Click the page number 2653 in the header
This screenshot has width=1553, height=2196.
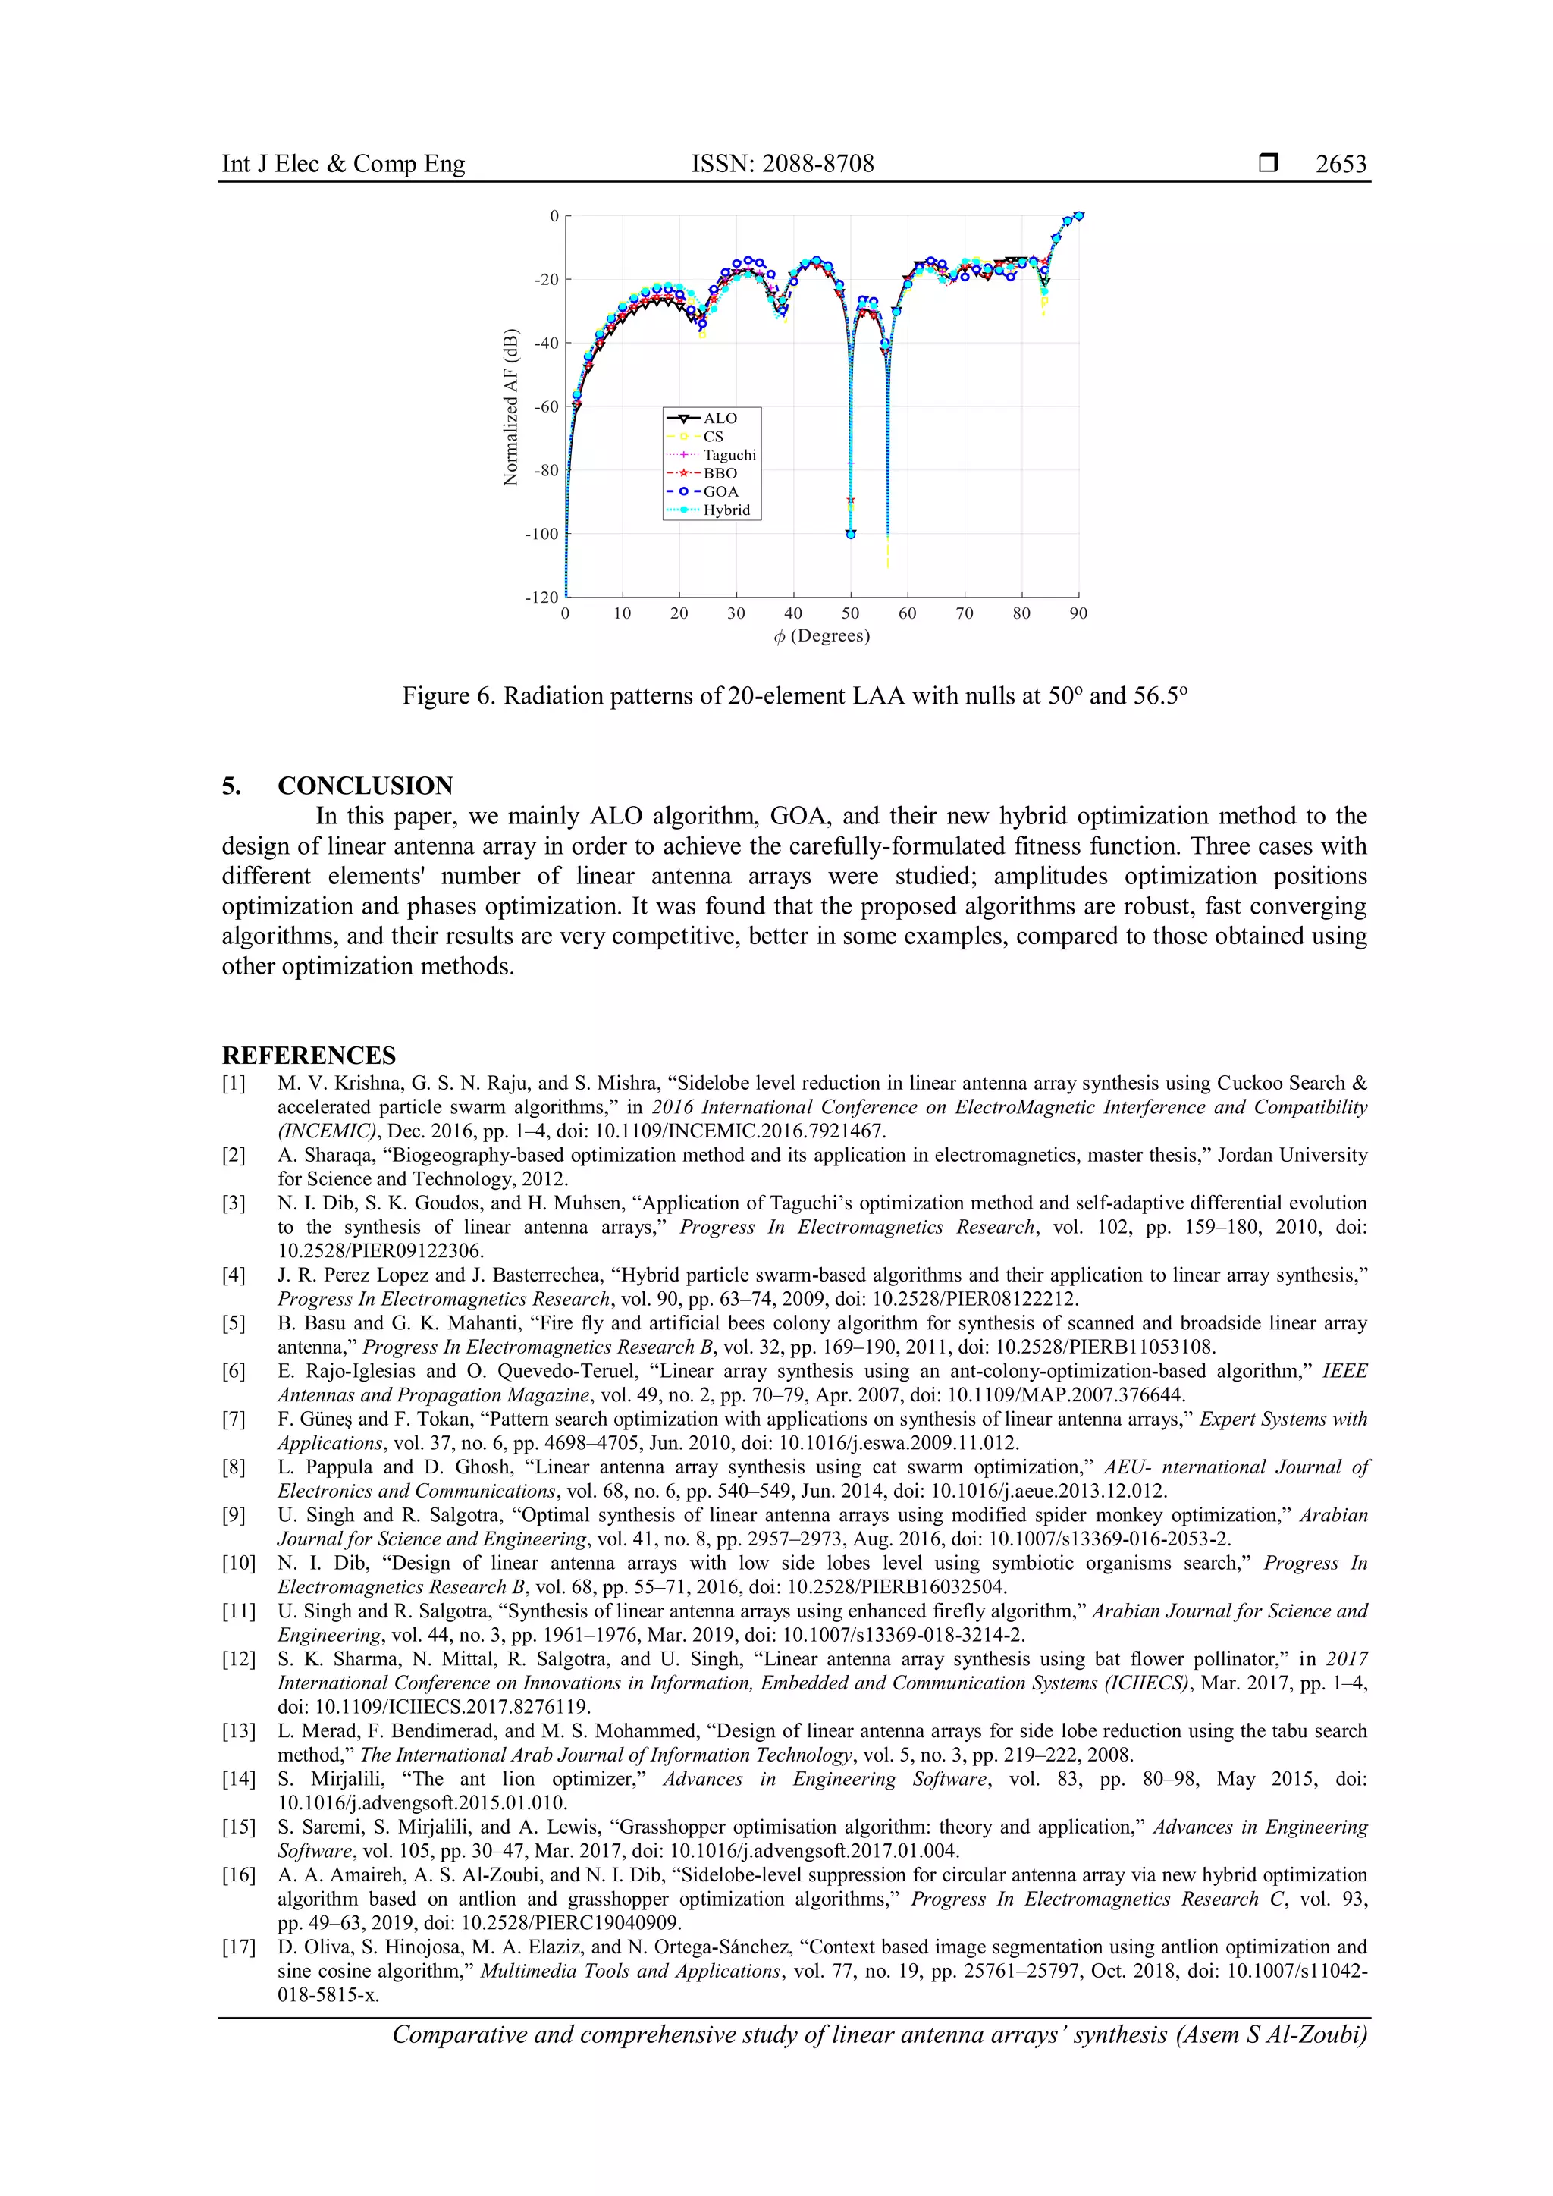[x=1341, y=165]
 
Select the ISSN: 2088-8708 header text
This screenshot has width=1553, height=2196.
[x=783, y=165]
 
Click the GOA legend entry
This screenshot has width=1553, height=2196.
[x=720, y=491]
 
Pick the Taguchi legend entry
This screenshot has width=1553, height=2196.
[x=729, y=455]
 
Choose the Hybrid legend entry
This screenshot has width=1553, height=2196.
[x=726, y=510]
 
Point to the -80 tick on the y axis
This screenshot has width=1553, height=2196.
[x=546, y=471]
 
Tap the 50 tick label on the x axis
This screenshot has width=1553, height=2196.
[x=850, y=613]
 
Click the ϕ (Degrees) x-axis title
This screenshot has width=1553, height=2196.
[x=821, y=636]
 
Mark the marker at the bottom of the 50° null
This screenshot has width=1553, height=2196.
[x=850, y=534]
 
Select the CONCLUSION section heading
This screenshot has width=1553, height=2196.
[x=366, y=786]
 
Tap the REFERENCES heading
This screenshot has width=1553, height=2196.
[x=309, y=1056]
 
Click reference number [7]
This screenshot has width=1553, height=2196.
[x=234, y=1420]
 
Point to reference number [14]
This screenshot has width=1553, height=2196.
[x=238, y=1779]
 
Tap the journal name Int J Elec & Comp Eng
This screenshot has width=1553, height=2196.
[x=344, y=165]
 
